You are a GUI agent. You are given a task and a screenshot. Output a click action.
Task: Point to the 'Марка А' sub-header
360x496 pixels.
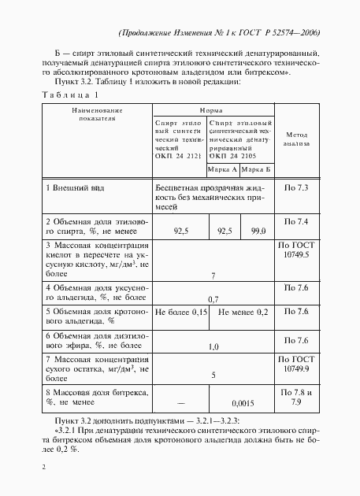point(223,169)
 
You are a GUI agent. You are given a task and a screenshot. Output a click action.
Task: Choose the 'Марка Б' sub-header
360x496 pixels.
point(256,169)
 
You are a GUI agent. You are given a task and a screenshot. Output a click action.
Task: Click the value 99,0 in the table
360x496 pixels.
point(257,231)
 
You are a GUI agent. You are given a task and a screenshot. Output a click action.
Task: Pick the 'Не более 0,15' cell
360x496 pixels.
point(180,312)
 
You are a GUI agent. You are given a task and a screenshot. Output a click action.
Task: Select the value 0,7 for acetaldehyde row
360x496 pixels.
point(213,300)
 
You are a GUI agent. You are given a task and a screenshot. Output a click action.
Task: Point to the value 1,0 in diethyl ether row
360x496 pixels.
point(213,346)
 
